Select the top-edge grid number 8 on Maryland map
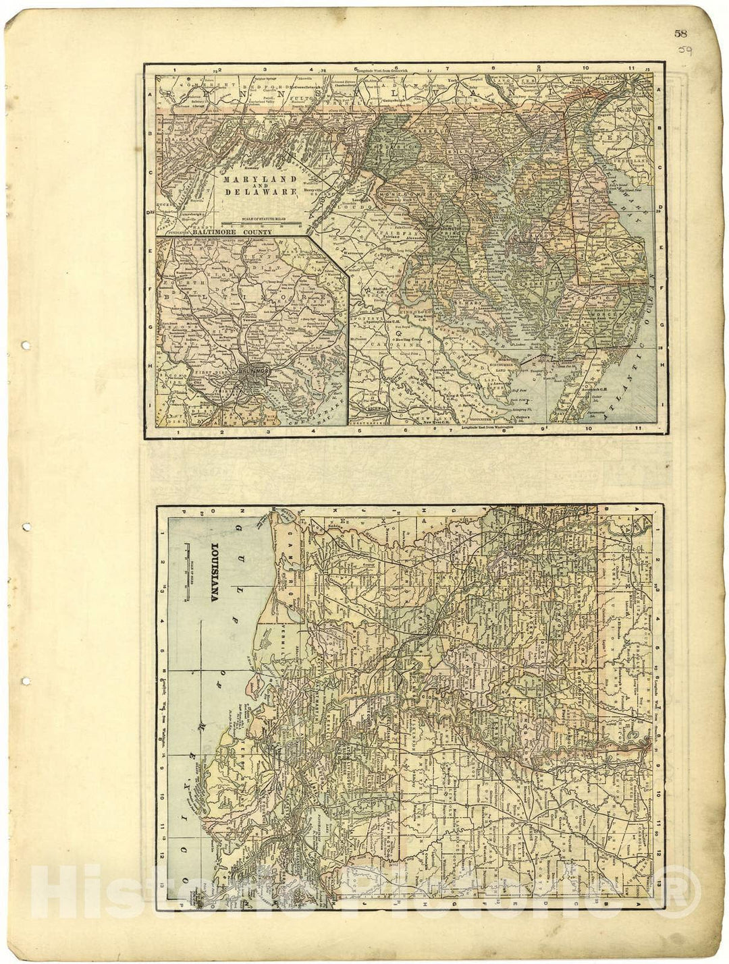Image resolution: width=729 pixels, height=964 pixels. click(x=494, y=68)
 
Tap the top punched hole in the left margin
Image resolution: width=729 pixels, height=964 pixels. click(x=26, y=346)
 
